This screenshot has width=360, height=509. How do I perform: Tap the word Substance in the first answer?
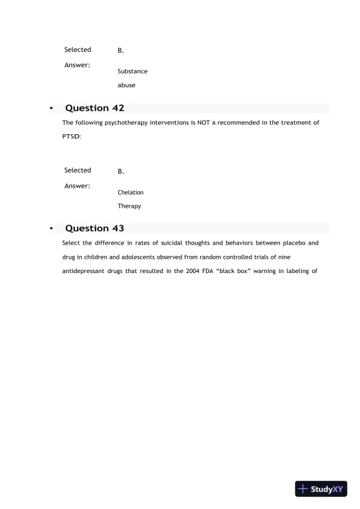coord(132,71)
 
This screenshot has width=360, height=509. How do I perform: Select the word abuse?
coord(126,85)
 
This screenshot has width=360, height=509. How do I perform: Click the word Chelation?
coord(131,192)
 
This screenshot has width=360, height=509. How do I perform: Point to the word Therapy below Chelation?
coord(129,207)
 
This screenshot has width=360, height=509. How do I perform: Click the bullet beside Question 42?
coord(52,109)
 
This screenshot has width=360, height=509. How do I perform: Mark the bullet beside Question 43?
coord(52,229)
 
